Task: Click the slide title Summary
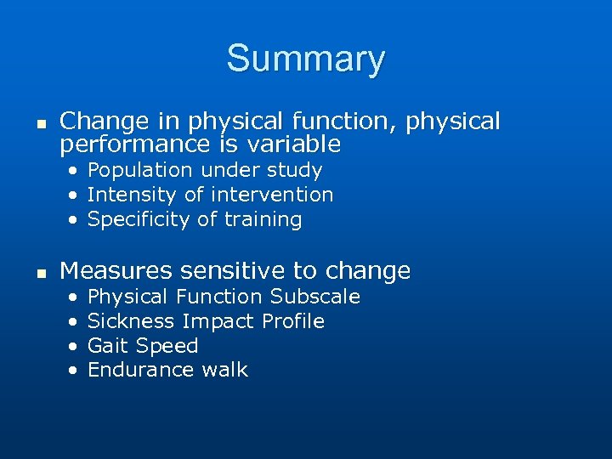click(x=305, y=59)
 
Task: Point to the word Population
click(x=133, y=171)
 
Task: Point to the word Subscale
click(x=315, y=297)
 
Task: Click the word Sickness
click(x=131, y=321)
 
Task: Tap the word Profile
click(x=293, y=321)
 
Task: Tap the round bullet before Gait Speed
click(x=74, y=347)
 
